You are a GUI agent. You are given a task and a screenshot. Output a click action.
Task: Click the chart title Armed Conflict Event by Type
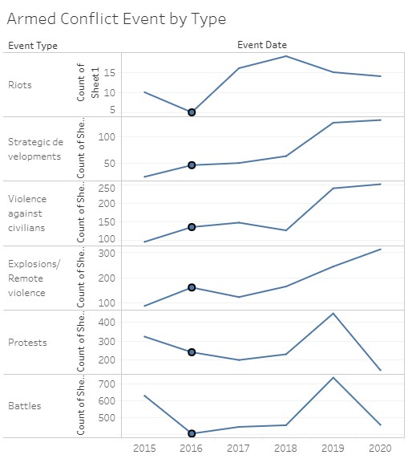(x=116, y=18)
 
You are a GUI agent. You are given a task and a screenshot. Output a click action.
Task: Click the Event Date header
(x=261, y=45)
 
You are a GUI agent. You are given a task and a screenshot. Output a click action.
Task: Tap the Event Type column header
(x=33, y=46)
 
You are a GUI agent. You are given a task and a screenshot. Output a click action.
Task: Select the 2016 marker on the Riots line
(x=192, y=112)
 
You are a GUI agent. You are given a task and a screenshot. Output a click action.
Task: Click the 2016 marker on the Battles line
(x=192, y=434)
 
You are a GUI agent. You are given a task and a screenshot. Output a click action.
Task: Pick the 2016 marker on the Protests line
(x=192, y=352)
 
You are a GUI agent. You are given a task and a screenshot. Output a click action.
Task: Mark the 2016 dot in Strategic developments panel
(x=192, y=165)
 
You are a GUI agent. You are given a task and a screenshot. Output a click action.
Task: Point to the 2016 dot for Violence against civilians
(x=192, y=227)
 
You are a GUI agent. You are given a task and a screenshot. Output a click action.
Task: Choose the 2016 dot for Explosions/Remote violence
(x=192, y=287)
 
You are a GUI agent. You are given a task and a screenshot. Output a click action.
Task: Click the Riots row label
(x=21, y=85)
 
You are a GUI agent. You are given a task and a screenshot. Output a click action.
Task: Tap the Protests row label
(x=28, y=343)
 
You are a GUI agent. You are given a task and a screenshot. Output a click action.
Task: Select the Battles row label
(x=25, y=406)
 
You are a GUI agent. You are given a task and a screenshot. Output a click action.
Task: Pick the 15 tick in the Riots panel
(x=110, y=72)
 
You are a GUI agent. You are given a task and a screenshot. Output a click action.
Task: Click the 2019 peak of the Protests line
(x=333, y=313)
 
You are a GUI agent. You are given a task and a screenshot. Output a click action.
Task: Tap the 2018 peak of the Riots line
(x=286, y=55)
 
